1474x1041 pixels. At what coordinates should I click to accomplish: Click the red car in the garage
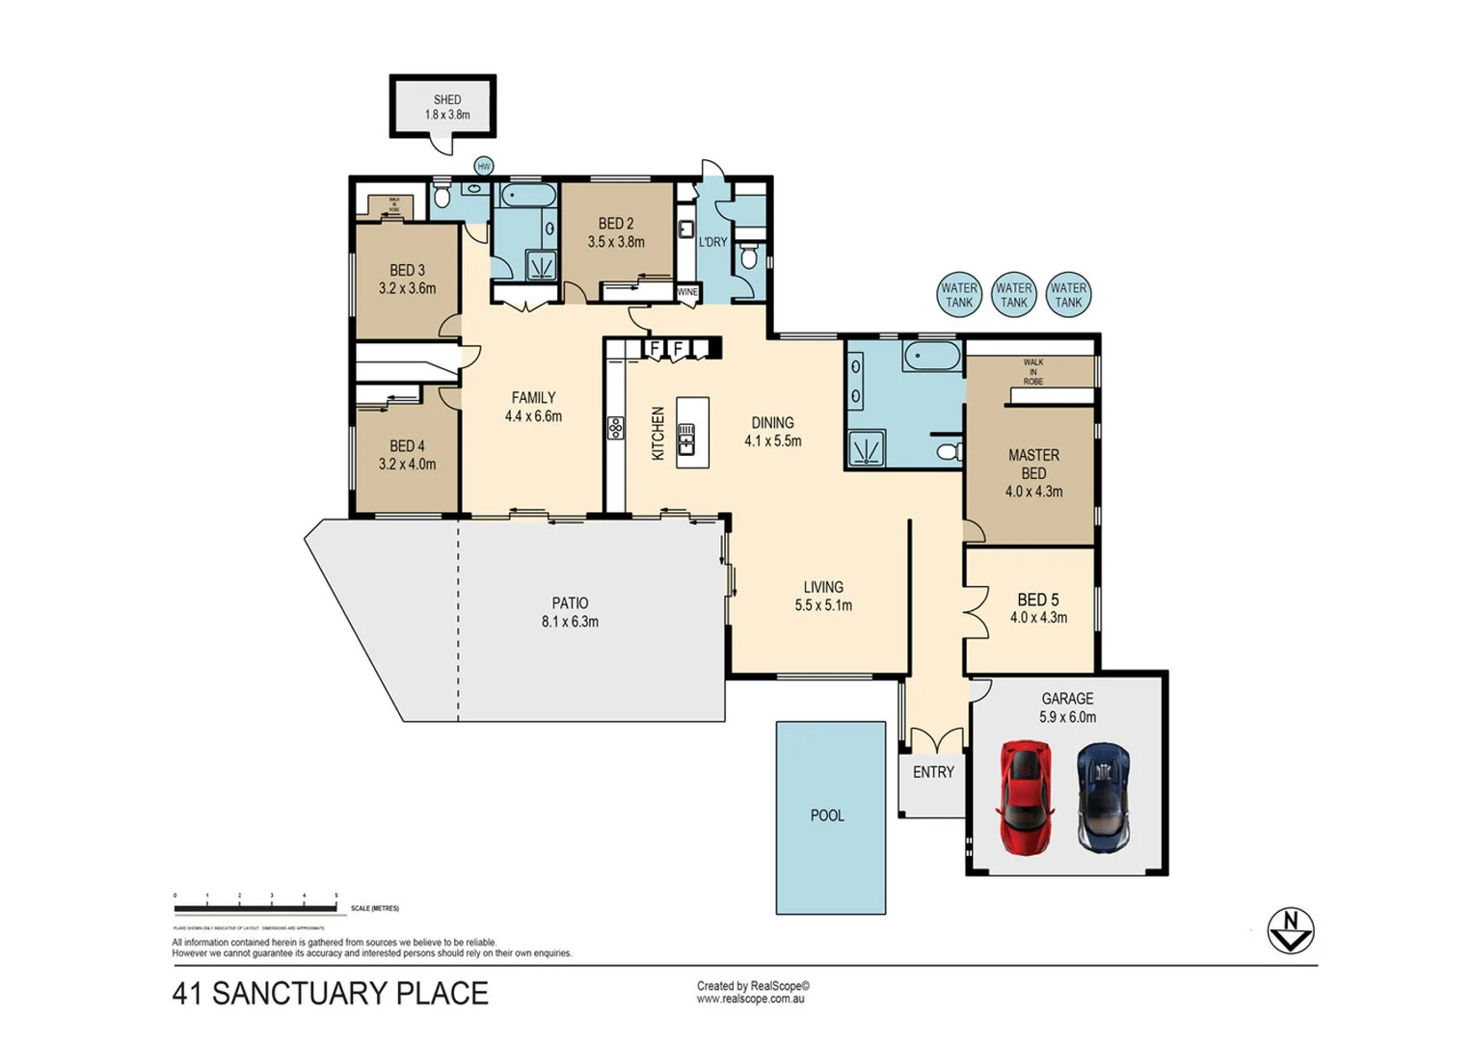tap(1024, 797)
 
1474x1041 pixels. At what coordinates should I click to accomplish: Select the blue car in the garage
tap(1103, 797)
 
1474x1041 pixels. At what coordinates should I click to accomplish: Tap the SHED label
tap(447, 99)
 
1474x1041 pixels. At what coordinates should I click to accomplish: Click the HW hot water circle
tap(484, 167)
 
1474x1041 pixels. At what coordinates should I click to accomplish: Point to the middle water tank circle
tap(1013, 295)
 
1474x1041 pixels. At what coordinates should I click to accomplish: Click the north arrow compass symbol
tap(1290, 930)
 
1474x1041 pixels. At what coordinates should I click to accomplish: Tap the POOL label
tap(827, 815)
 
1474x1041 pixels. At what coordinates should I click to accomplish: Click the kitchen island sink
tap(686, 443)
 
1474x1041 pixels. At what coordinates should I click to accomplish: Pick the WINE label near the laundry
tap(687, 292)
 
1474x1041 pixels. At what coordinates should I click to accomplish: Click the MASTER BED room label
tap(1033, 464)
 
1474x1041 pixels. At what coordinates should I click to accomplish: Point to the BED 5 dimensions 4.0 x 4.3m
tap(1038, 618)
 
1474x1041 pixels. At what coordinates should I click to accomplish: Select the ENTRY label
tap(933, 772)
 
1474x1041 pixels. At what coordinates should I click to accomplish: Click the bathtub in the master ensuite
tap(931, 358)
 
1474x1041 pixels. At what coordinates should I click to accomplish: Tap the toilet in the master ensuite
tap(949, 451)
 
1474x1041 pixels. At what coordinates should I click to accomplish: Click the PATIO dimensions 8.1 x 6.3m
tap(570, 623)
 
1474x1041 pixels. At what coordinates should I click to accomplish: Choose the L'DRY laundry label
tap(712, 242)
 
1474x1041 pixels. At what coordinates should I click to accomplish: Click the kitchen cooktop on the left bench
tap(615, 428)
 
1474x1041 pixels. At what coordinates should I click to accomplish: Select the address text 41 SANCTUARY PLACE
tap(331, 994)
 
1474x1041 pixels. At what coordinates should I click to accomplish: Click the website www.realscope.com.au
tap(750, 1000)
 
